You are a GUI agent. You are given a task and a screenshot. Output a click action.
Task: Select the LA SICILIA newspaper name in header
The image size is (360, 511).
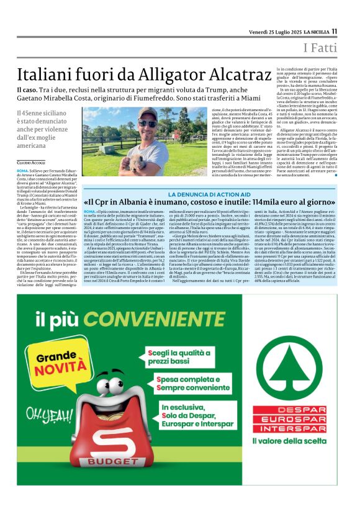(312, 31)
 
